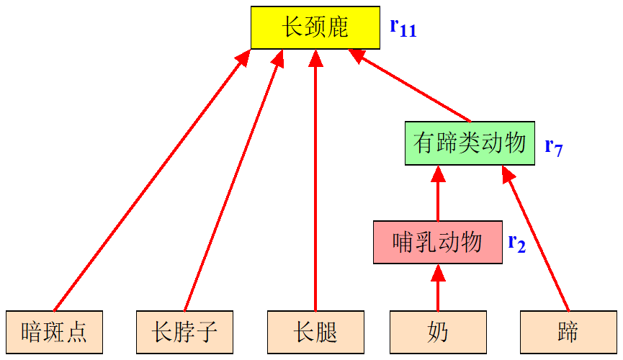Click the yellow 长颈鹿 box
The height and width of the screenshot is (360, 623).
coord(315,28)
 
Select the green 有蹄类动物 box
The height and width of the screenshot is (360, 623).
coord(470,143)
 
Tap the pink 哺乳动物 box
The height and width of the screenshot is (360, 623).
coord(438,243)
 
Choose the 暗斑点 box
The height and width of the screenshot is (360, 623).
coord(54,332)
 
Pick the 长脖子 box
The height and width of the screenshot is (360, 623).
coord(184,332)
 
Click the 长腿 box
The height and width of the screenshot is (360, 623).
coord(315,332)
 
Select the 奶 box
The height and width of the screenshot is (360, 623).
coord(438,332)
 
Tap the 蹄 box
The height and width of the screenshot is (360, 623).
coord(568,332)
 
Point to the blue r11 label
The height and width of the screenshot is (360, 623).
coord(403,27)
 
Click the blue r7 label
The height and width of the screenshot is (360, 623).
coord(553,147)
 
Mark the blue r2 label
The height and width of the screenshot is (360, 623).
coord(516,243)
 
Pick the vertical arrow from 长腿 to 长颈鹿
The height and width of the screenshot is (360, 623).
coord(315,180)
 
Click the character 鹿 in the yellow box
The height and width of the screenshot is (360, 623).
coord(337,28)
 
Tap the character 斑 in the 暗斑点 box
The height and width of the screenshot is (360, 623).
coord(54,332)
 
